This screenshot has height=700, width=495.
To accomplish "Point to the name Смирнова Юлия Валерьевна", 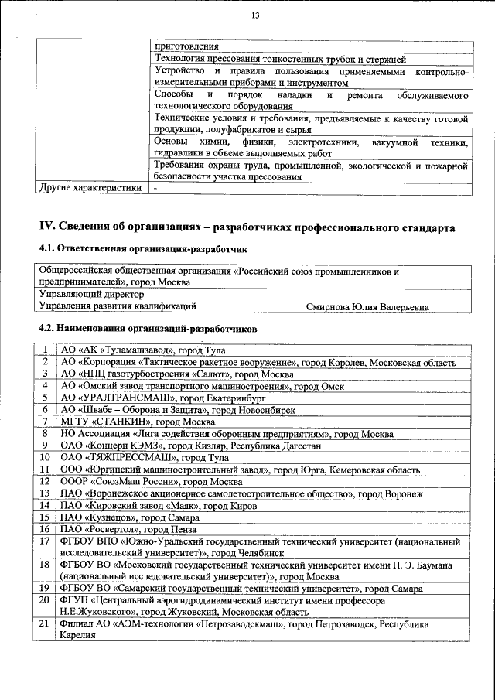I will tap(367, 307).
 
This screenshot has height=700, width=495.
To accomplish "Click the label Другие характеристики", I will tap(90, 187).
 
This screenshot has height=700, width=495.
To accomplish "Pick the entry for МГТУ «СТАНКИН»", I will tap(136, 422).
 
